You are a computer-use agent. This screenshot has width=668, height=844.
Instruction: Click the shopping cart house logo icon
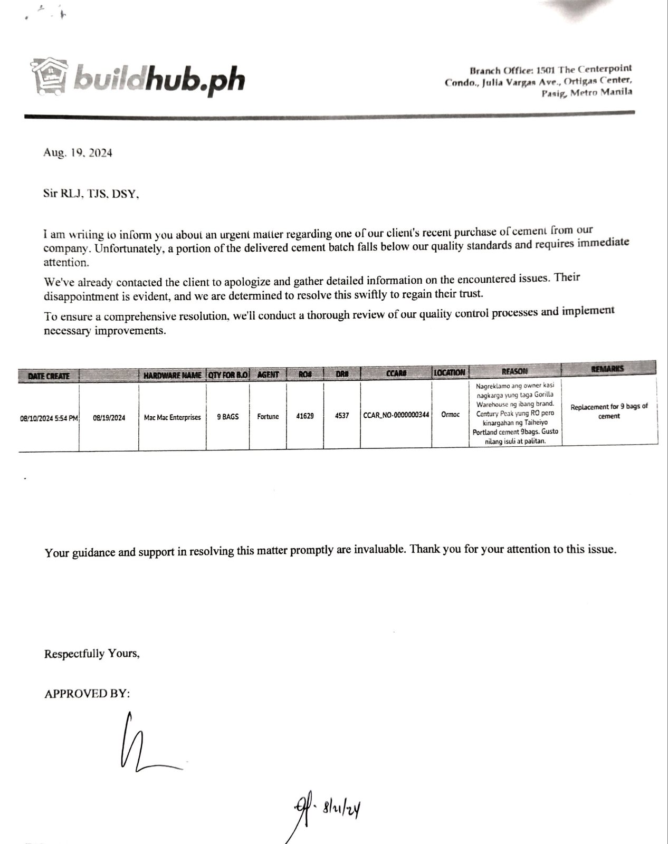pyautogui.click(x=50, y=76)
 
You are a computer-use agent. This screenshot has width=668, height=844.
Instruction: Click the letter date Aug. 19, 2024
pyautogui.click(x=78, y=153)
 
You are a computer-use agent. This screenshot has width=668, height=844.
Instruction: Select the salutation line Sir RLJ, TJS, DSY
pyautogui.click(x=91, y=194)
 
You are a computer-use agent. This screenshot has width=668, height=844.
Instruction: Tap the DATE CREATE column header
pyautogui.click(x=49, y=376)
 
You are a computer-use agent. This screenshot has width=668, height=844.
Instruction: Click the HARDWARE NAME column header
pyautogui.click(x=172, y=375)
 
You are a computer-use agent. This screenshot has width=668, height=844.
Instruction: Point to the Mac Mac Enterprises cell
pyautogui.click(x=172, y=417)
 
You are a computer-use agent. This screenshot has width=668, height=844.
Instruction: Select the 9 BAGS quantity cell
pyautogui.click(x=227, y=417)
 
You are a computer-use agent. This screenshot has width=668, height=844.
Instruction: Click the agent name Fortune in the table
pyautogui.click(x=268, y=417)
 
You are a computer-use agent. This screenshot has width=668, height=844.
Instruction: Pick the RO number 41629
pyautogui.click(x=305, y=416)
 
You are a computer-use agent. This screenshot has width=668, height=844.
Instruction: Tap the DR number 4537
pyautogui.click(x=342, y=416)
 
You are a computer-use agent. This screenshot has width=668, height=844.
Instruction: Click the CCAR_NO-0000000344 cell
pyautogui.click(x=396, y=415)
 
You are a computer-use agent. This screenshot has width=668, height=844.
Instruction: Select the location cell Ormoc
pyautogui.click(x=450, y=415)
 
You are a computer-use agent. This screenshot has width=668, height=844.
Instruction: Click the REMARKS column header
pyautogui.click(x=608, y=368)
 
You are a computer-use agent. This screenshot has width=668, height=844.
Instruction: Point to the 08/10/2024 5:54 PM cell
pyautogui.click(x=49, y=418)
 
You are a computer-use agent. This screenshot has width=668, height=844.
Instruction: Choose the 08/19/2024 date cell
pyautogui.click(x=109, y=418)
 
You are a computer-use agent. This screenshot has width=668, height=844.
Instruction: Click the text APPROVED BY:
pyautogui.click(x=87, y=694)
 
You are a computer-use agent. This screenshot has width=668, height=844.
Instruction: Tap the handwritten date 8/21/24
pyautogui.click(x=343, y=808)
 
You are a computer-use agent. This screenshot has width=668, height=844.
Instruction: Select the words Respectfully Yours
pyautogui.click(x=92, y=654)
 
